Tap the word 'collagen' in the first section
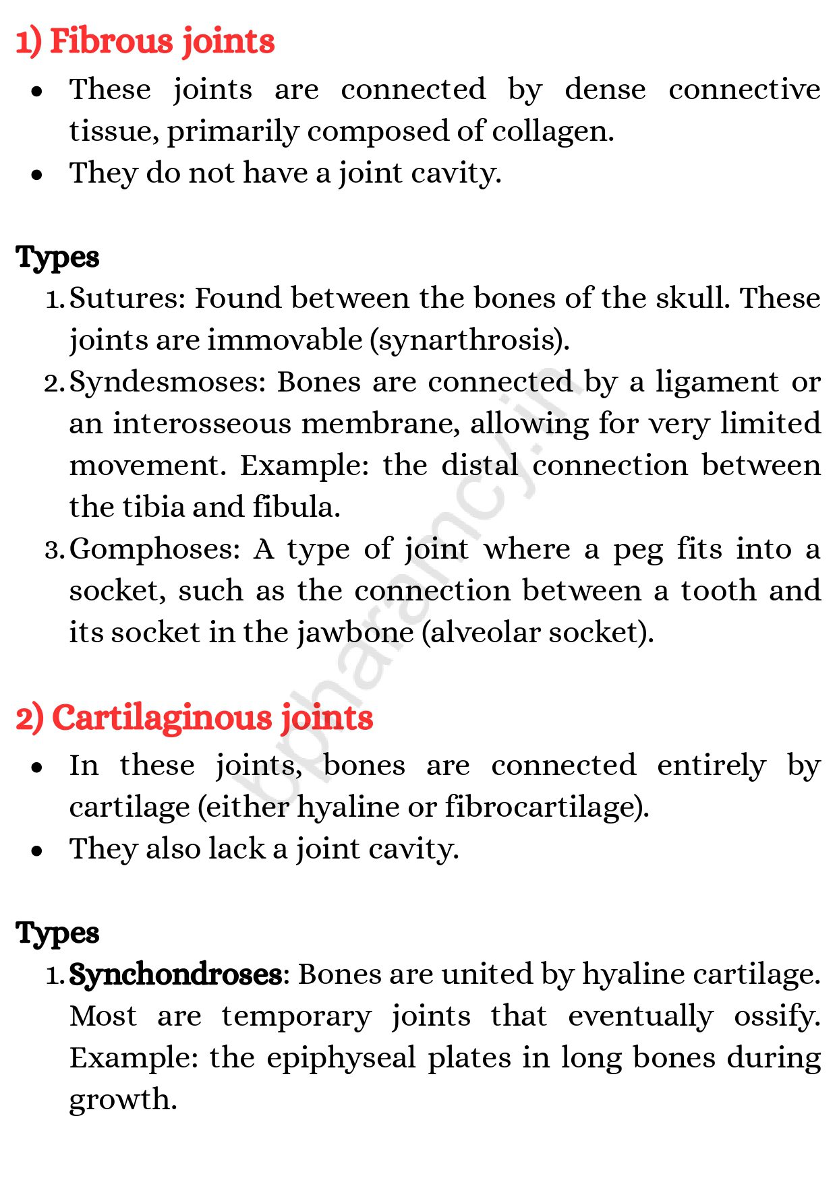[551, 131]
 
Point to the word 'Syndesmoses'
[169, 383]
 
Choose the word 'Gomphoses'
[154, 550]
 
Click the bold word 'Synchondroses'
[175, 975]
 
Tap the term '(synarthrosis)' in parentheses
[469, 340]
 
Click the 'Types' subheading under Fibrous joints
[58, 257]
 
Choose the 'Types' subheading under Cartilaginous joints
[58, 933]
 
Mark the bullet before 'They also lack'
[37, 850]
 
